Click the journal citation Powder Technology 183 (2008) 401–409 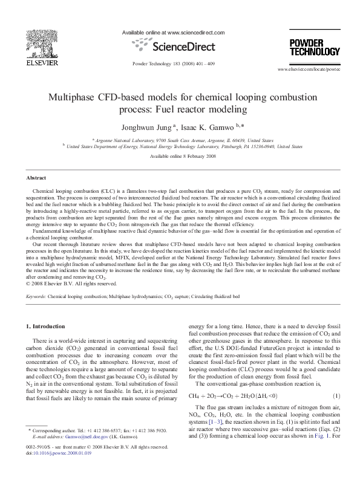pos(173,63)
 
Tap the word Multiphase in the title pos(76,97)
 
